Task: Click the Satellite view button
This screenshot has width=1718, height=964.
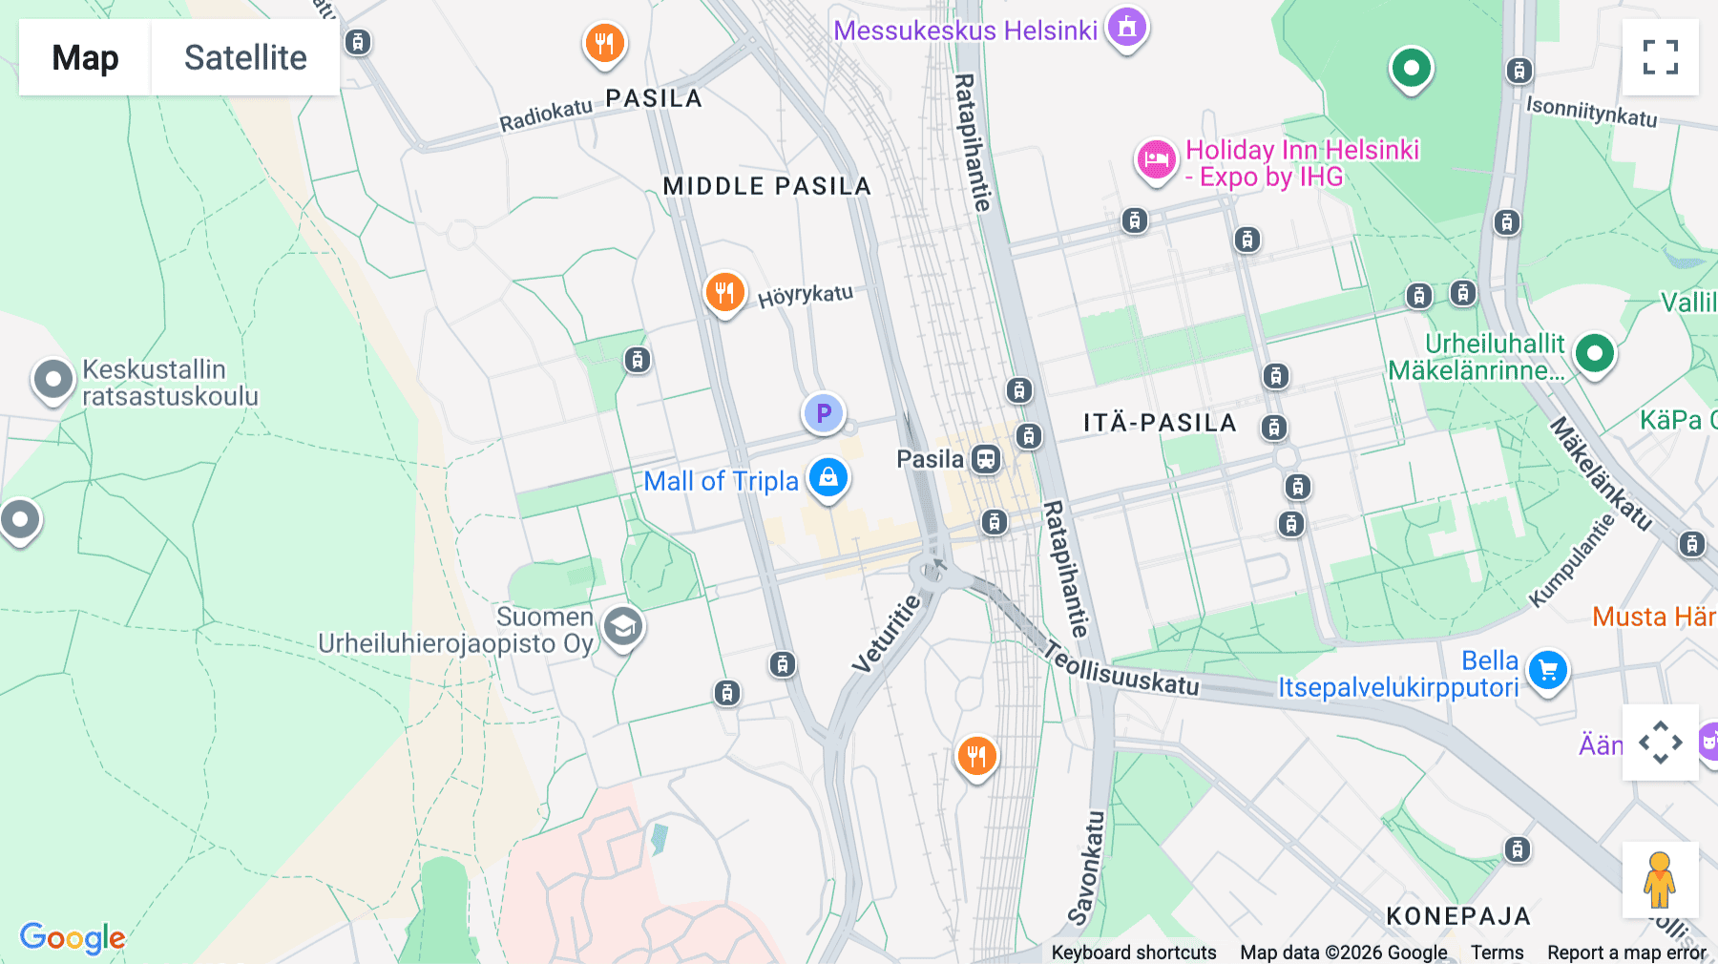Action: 245,57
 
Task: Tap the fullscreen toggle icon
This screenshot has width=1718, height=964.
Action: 1660,57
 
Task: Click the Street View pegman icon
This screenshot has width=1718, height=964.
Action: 1660,879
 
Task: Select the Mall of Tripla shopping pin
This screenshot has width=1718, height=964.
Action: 828,476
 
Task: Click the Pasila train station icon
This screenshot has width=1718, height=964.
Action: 986,459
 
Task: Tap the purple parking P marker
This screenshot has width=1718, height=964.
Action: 823,413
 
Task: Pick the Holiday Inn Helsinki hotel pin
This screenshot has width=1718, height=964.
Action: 1156,159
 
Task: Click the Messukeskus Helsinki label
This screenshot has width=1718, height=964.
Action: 965,31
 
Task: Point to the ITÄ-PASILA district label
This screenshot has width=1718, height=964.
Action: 1160,423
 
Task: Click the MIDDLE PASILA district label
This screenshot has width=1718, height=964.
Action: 767,186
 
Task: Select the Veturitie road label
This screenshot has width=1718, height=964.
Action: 888,633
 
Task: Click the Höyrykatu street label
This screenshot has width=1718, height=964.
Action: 806,295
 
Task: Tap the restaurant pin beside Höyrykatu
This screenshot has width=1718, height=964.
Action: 724,292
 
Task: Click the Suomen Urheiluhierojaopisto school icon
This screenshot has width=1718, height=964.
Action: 623,627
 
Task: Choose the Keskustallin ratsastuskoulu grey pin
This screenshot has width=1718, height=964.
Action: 53,380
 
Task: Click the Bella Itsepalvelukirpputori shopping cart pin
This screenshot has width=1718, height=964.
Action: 1547,671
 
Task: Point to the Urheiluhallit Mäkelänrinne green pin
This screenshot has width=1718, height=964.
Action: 1594,353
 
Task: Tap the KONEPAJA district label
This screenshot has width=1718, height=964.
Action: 1458,916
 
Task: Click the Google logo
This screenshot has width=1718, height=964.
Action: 73,937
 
